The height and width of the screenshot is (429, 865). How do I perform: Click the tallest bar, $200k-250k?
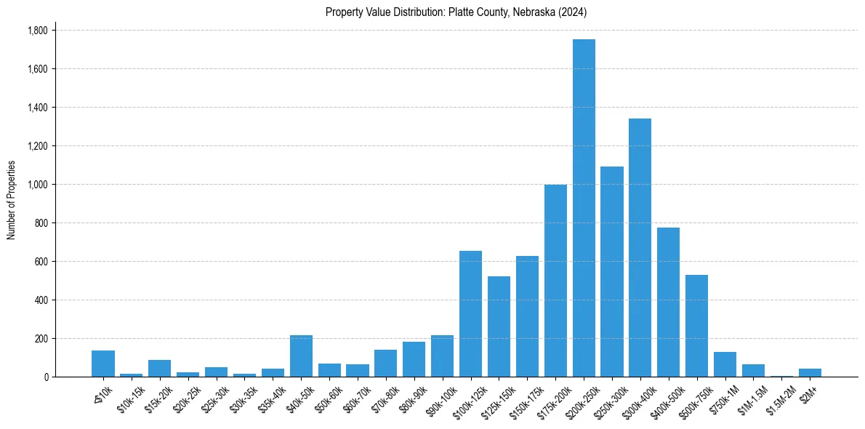point(584,208)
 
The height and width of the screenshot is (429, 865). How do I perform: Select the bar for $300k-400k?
point(640,247)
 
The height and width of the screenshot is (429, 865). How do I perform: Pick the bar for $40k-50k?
point(301,356)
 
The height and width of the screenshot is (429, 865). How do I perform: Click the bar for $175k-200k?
point(555,281)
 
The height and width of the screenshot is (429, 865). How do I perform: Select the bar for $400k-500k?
point(668,302)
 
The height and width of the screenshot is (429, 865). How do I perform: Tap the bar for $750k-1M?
point(725,364)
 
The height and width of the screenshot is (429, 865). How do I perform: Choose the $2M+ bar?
point(810,372)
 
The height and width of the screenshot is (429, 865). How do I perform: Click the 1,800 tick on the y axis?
point(37,31)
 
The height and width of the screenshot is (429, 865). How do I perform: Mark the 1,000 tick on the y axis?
point(37,185)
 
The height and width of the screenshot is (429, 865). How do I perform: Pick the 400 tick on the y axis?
point(41,300)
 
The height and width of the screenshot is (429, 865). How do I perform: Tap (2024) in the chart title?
point(574,12)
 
